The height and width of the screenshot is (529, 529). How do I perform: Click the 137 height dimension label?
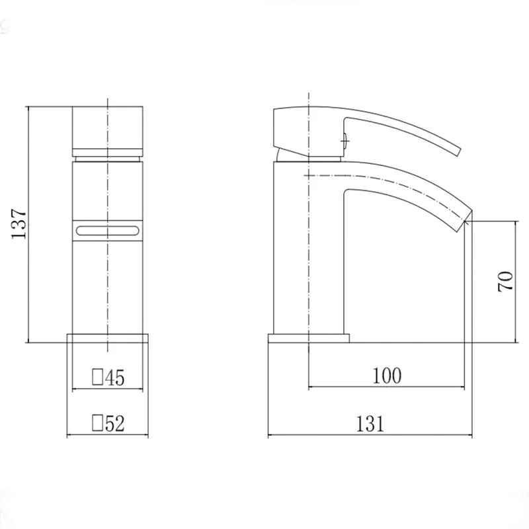(19, 224)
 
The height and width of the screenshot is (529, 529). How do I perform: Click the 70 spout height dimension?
(505, 282)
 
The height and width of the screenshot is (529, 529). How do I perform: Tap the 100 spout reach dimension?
(387, 377)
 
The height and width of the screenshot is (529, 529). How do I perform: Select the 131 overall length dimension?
(370, 424)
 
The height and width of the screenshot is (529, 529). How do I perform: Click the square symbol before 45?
(97, 378)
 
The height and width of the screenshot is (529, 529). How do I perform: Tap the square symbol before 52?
(97, 423)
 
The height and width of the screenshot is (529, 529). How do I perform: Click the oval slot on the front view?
(106, 230)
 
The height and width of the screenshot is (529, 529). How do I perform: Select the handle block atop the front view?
(106, 127)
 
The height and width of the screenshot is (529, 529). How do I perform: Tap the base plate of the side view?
(308, 339)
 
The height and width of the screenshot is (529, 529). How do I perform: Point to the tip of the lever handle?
(456, 151)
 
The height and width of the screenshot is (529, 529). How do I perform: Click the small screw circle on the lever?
(344, 138)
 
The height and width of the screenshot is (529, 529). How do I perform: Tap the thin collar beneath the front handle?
(106, 158)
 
